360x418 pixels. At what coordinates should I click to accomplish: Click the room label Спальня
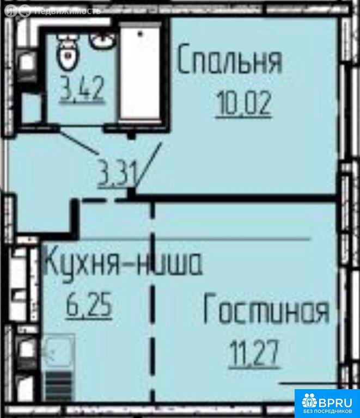point(230,59)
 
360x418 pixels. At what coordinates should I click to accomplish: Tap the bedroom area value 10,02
point(244,103)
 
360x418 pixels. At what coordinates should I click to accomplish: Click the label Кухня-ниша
point(123,263)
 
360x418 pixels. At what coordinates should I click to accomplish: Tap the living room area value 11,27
point(254,353)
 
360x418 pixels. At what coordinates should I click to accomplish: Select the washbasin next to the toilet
point(100,41)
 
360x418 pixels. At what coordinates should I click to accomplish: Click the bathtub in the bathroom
point(141,73)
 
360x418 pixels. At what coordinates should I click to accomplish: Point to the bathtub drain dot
point(140,34)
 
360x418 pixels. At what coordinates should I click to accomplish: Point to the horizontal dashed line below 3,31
point(101,199)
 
